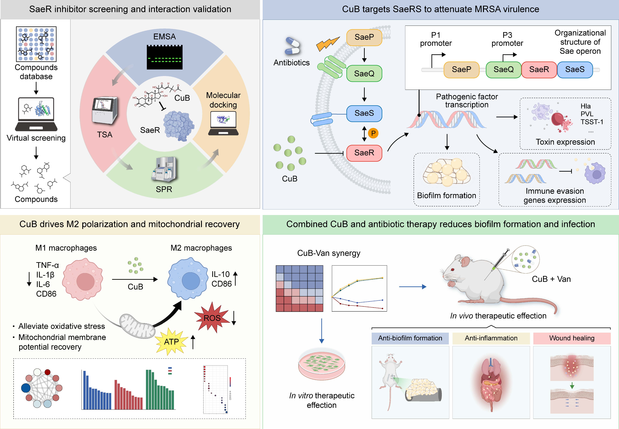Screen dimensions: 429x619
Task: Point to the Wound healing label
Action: click(572, 338)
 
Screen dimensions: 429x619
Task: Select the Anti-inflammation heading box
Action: click(491, 338)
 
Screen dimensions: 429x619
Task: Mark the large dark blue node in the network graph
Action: click(26, 388)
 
